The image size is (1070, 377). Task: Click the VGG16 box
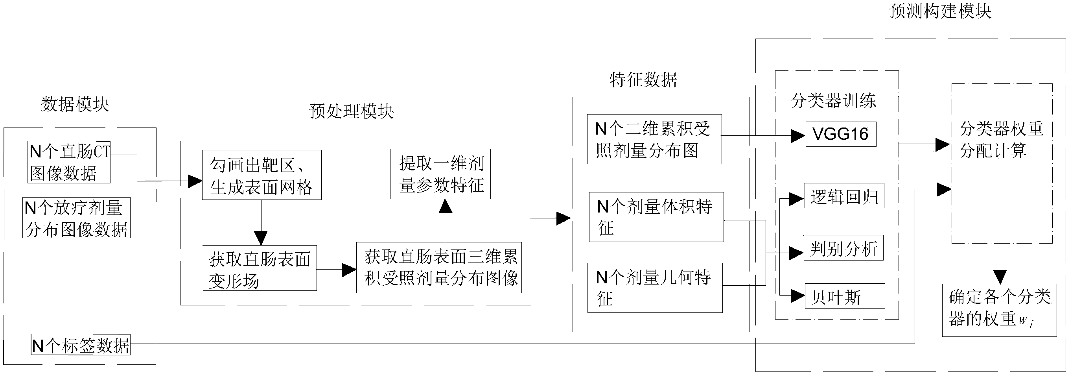coord(841,134)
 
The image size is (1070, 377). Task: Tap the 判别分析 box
coord(843,249)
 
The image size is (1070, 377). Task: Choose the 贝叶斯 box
coord(844,296)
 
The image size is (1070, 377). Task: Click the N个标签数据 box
coord(81,345)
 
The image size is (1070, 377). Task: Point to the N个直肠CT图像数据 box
coord(69,162)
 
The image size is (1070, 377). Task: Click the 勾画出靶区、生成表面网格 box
coord(262,176)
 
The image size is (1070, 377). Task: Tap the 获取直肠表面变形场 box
coord(260,268)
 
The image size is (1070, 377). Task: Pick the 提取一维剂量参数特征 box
coord(440,174)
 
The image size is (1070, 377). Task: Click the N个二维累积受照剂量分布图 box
coord(654,140)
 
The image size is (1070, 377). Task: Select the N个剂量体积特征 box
coord(656,217)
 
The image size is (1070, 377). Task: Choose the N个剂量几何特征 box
coord(655,288)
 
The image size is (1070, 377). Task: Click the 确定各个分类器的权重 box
coord(999,310)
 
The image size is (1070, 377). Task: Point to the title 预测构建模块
coord(940,11)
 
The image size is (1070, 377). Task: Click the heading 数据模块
coord(75,104)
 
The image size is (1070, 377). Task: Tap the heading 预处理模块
coord(352,111)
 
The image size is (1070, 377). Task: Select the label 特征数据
coord(643,80)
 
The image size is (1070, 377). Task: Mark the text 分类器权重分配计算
coord(1001,140)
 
